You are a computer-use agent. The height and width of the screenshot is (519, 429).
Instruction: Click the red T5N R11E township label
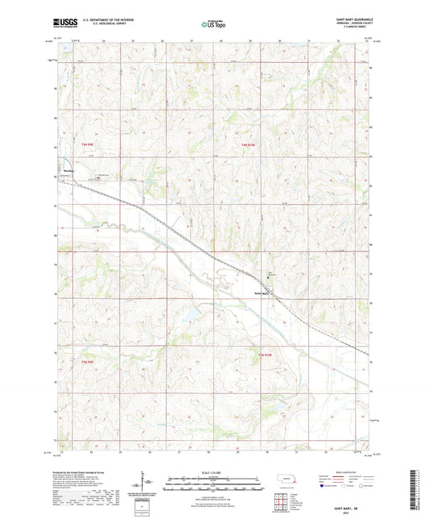tap(250, 144)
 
